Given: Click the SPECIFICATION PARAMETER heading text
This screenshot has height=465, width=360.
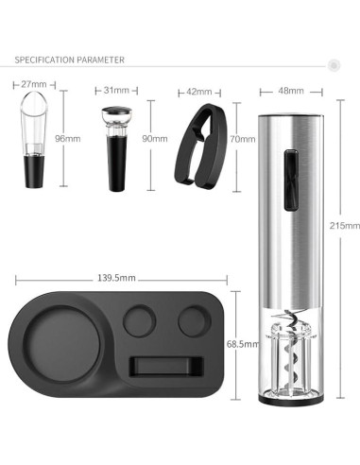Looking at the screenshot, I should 69,60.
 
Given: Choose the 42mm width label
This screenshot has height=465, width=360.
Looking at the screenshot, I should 200,93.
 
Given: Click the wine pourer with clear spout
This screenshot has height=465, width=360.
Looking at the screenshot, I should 34,142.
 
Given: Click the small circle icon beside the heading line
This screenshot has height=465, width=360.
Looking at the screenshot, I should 333,64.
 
